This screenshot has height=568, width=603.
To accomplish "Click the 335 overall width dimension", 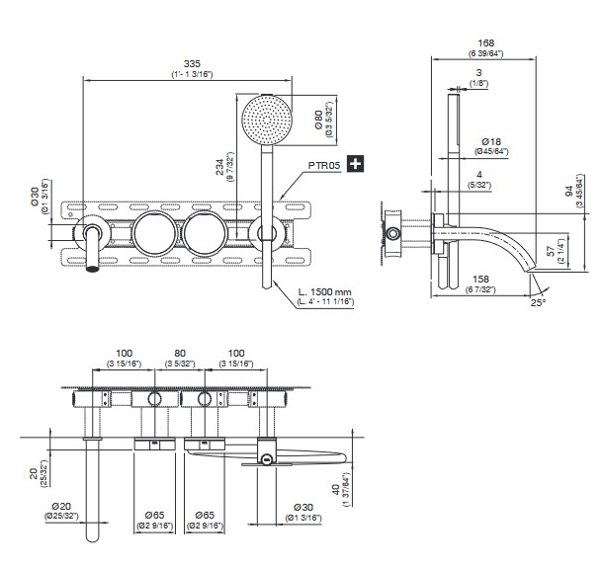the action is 192,63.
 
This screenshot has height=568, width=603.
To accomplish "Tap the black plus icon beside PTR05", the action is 355,164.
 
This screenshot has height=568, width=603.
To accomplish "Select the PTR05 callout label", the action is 324,165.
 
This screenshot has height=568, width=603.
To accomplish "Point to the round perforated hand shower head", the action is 267,120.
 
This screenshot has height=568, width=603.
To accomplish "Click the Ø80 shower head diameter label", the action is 319,120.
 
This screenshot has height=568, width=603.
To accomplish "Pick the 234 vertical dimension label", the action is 219,167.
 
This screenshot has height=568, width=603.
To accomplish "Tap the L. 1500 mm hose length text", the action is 325,291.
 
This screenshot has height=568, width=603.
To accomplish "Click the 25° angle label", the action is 539,302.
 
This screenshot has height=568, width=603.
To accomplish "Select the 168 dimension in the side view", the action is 486,43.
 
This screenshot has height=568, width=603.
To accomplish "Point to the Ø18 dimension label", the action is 491,141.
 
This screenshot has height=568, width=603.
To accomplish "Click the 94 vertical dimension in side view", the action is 569,191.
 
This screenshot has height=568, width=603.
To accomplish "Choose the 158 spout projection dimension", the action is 480,279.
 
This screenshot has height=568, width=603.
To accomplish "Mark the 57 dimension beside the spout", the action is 551,251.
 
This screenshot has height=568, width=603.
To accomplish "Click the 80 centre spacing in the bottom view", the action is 180,353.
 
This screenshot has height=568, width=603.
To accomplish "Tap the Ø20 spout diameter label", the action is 61,507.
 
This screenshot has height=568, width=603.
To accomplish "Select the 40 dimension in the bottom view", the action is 336,489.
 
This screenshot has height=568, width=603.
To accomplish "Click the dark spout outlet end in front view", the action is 92,268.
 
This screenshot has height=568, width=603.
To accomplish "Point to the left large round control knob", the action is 154,233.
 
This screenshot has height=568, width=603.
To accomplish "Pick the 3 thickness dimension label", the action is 478,72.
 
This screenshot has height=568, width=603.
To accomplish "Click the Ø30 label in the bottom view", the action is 303,508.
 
